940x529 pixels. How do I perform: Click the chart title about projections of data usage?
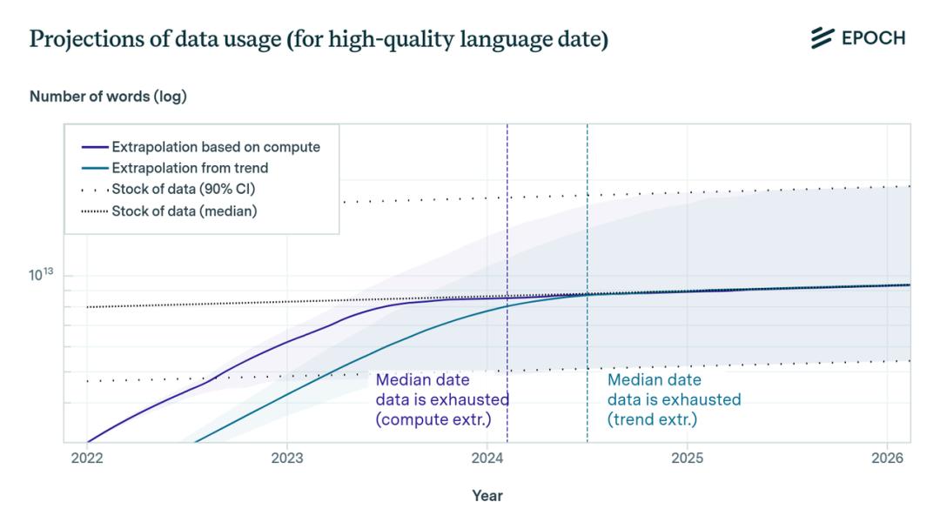tap(319, 40)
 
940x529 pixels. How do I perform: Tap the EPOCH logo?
tap(858, 38)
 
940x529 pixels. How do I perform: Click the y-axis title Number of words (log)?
tap(108, 97)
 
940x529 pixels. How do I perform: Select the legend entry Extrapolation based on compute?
tap(216, 147)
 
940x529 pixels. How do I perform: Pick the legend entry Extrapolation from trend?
tap(190, 168)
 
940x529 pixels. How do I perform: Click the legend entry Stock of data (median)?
tap(184, 211)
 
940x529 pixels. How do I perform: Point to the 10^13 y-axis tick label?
tap(41, 275)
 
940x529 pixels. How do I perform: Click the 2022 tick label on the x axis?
tap(87, 458)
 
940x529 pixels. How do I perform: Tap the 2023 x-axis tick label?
tap(287, 458)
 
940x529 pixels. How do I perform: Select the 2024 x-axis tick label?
tap(487, 458)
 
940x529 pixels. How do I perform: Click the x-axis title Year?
tap(487, 496)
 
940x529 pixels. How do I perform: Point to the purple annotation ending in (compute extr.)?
tap(442, 399)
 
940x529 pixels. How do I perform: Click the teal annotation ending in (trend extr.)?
tap(674, 399)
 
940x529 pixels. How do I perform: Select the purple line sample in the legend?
tap(95, 147)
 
